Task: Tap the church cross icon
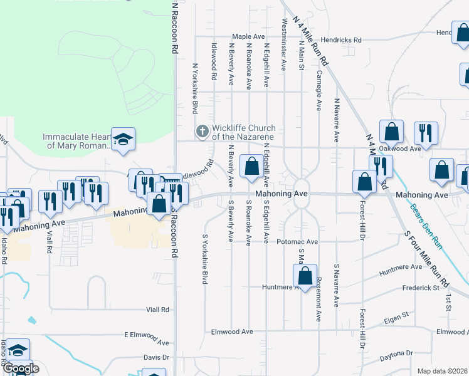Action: [x=202, y=132]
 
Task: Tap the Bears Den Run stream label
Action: [x=426, y=226]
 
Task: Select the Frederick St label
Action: [x=421, y=288]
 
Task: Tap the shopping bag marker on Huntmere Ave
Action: [x=305, y=276]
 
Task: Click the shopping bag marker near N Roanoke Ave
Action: [x=251, y=167]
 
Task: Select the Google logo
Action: [x=20, y=369]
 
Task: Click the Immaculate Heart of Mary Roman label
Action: [x=75, y=141]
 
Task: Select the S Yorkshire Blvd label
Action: [x=204, y=259]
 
